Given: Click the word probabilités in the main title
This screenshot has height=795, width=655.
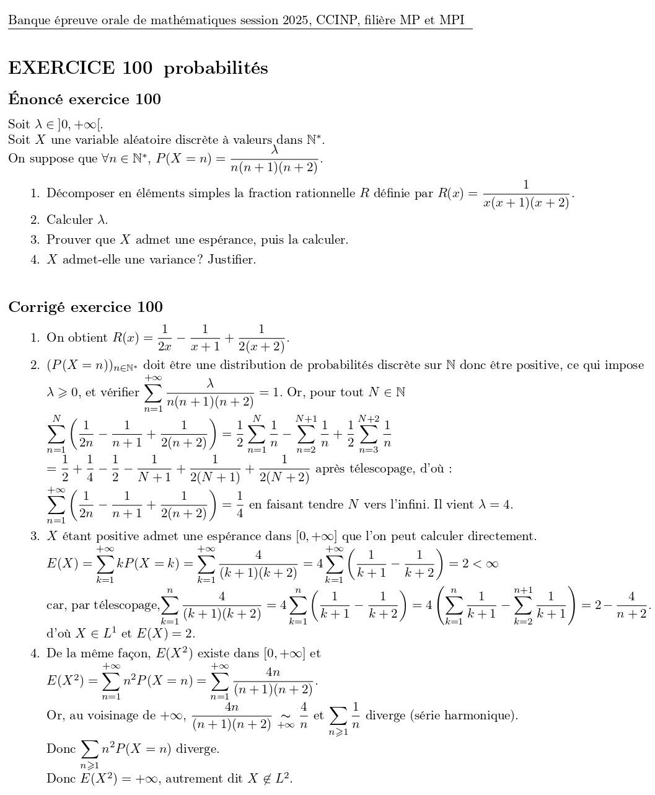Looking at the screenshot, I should tap(216, 68).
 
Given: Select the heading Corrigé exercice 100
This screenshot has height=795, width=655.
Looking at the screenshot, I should tap(86, 307).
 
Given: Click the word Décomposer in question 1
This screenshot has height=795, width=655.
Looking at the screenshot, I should tap(79, 193).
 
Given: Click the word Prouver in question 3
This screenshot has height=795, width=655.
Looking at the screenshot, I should tap(67, 239).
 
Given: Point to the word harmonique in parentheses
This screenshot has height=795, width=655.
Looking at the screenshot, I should tap(481, 716).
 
